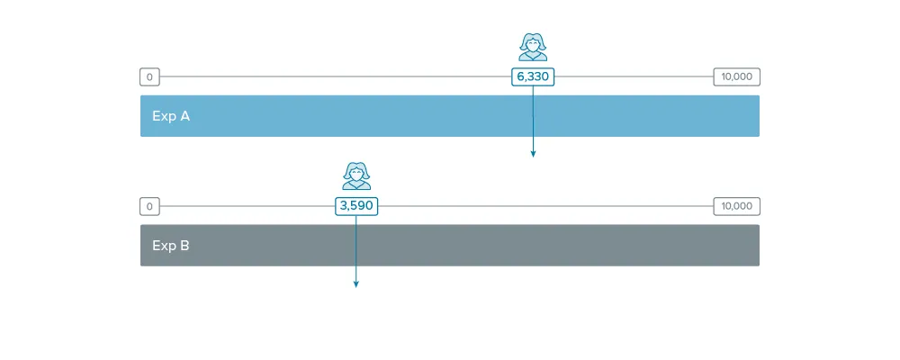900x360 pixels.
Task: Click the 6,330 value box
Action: pyautogui.click(x=533, y=76)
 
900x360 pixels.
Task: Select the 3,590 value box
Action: pyautogui.click(x=356, y=206)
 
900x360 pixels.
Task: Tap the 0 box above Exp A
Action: pyautogui.click(x=149, y=76)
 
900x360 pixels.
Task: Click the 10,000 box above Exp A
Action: pyautogui.click(x=736, y=76)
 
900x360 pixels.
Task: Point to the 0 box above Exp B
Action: pyautogui.click(x=149, y=206)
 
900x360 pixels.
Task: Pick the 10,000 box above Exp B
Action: pyautogui.click(x=736, y=206)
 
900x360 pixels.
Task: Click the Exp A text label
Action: pyautogui.click(x=171, y=116)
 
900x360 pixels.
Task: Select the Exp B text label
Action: pyautogui.click(x=171, y=246)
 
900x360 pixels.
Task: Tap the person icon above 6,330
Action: pyautogui.click(x=533, y=47)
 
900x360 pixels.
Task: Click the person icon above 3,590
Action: pyautogui.click(x=356, y=175)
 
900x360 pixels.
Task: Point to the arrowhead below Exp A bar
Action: pyautogui.click(x=533, y=153)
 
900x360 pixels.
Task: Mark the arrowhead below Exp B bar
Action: pyautogui.click(x=355, y=283)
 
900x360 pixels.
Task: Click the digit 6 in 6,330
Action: pyautogui.click(x=521, y=76)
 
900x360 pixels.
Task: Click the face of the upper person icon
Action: pyautogui.click(x=533, y=44)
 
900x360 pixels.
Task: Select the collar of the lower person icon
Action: pyautogui.click(x=356, y=184)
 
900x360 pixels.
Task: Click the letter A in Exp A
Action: pyautogui.click(x=184, y=116)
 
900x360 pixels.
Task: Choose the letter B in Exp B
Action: pyautogui.click(x=185, y=246)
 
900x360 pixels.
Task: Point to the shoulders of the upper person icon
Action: pyautogui.click(x=533, y=57)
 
